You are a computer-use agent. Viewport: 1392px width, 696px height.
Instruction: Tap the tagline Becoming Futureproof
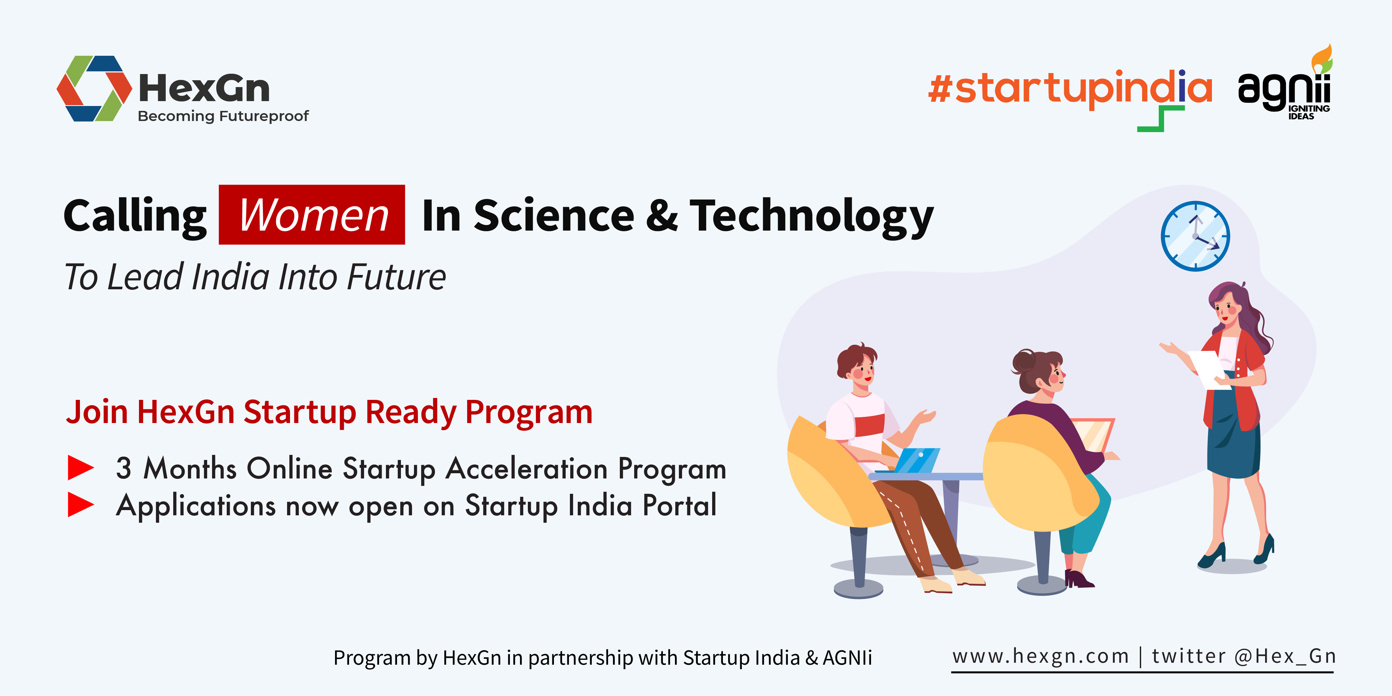(223, 116)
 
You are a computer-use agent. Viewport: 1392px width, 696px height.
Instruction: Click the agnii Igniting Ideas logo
(1285, 84)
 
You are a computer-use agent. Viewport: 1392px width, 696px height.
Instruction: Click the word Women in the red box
(314, 215)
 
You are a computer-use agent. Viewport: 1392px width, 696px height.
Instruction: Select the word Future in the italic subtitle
(396, 277)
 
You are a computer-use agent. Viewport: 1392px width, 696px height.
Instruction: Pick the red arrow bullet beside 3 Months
(81, 467)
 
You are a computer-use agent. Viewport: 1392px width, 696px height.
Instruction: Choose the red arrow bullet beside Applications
(81, 504)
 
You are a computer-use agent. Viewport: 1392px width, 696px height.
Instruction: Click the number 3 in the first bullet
(124, 468)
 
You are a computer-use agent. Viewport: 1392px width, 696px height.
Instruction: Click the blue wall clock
(1195, 236)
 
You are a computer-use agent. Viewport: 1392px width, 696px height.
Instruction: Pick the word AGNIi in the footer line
(847, 658)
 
